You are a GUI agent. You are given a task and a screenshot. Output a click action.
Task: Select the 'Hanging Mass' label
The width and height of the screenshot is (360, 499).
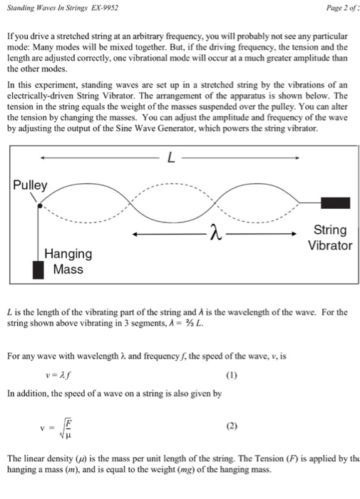[x=68, y=262]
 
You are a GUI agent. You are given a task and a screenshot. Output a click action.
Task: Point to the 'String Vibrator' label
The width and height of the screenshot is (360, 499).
[x=330, y=237]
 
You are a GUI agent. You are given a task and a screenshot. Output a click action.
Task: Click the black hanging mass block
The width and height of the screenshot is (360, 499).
[x=38, y=270]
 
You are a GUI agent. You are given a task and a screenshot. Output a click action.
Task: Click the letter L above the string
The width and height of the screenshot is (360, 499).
[x=170, y=158]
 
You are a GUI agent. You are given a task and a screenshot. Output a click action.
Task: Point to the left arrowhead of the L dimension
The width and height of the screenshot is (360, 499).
[x=43, y=158]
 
